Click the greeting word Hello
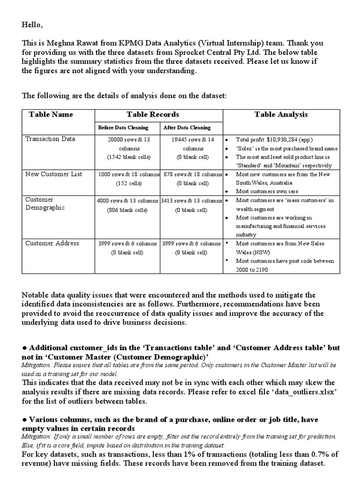click(x=32, y=23)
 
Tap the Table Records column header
click(x=152, y=114)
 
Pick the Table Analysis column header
click(x=281, y=114)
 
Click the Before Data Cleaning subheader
click(x=123, y=127)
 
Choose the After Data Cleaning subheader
click(x=187, y=127)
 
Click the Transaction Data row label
click(x=50, y=139)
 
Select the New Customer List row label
click(x=53, y=174)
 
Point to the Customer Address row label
click(x=52, y=243)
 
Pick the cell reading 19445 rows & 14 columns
click(x=191, y=143)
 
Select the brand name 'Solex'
click(x=246, y=149)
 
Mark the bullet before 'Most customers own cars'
click(x=226, y=192)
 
